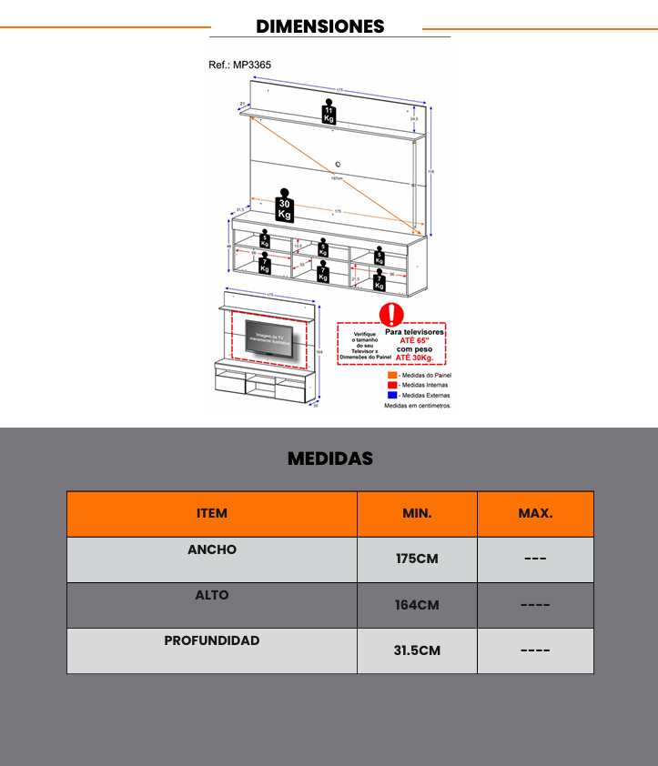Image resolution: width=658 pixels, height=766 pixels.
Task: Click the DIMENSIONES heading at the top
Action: tap(320, 26)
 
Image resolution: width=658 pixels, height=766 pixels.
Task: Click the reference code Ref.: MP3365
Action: tap(240, 66)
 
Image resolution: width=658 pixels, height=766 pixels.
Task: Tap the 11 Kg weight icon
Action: tap(328, 113)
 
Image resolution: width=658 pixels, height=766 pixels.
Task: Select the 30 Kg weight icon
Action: tap(285, 208)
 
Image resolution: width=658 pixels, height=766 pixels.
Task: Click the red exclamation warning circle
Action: tap(391, 314)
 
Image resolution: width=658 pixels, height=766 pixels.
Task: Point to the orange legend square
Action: tap(392, 375)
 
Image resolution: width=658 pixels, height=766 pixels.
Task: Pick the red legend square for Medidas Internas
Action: tap(392, 385)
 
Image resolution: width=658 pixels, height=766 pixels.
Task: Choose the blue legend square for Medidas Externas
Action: tap(392, 395)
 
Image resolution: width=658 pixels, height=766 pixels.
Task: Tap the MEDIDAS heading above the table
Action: tap(329, 459)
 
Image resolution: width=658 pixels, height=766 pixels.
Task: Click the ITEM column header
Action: tap(212, 513)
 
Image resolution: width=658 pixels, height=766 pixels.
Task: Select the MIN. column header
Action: tap(417, 513)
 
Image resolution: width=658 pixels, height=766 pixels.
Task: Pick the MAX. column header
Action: tap(535, 513)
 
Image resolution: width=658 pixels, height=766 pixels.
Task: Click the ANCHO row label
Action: tap(212, 549)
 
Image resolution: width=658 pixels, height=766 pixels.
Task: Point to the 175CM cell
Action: tap(417, 559)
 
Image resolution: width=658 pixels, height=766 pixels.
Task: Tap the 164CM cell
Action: tap(417, 605)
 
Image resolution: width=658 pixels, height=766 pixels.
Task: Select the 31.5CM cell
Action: tap(417, 650)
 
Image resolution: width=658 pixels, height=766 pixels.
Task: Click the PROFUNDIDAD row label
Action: tap(212, 640)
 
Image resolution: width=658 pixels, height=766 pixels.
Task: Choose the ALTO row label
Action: tap(212, 595)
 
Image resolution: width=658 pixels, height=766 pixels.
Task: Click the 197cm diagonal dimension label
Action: tap(337, 178)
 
